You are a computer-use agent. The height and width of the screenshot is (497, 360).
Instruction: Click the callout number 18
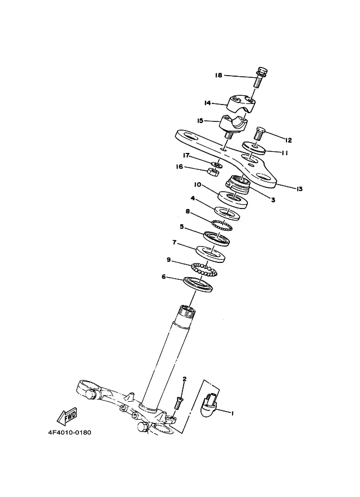coord(218,76)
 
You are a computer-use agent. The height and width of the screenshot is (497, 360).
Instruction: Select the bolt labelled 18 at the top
coord(260,77)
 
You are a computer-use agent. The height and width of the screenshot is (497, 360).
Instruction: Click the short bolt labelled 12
coord(259,134)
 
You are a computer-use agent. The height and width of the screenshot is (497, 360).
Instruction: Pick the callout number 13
coord(299,189)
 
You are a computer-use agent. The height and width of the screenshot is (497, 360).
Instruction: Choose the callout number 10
coord(198,185)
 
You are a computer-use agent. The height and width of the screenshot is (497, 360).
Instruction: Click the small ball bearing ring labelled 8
coord(222,225)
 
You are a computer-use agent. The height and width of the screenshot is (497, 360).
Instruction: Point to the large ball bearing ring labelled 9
coord(205,269)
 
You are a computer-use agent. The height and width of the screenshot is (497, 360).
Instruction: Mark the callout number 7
coord(174,242)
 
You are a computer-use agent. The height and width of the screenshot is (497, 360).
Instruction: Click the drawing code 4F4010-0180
coord(70,432)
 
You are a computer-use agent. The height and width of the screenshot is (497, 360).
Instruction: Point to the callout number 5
coord(182,226)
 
